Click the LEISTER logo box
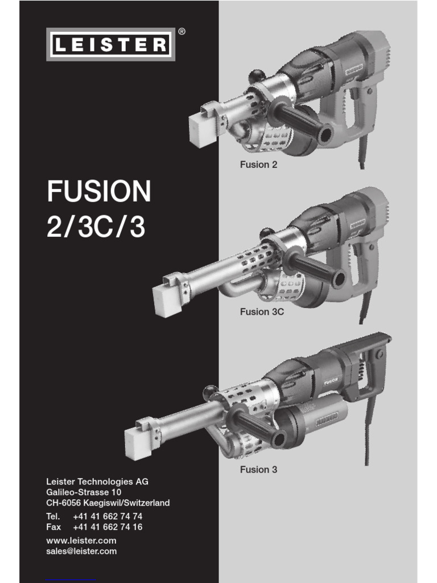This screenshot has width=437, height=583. (x=110, y=44)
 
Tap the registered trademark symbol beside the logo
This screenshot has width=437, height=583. (x=182, y=32)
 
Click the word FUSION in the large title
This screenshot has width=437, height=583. (x=99, y=192)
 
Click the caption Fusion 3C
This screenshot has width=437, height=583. (x=262, y=312)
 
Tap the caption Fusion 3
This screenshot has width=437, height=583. (x=258, y=470)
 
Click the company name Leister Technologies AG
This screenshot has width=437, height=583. (x=97, y=482)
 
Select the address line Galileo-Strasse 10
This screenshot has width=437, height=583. (x=84, y=492)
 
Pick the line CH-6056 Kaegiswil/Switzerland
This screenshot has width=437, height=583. (x=108, y=503)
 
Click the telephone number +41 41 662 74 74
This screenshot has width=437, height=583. (x=108, y=516)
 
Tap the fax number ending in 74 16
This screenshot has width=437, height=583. (x=108, y=527)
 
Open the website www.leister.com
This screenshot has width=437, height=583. (x=81, y=540)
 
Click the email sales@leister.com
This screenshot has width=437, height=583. (x=81, y=551)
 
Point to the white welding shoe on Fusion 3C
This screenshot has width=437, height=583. (x=168, y=299)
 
